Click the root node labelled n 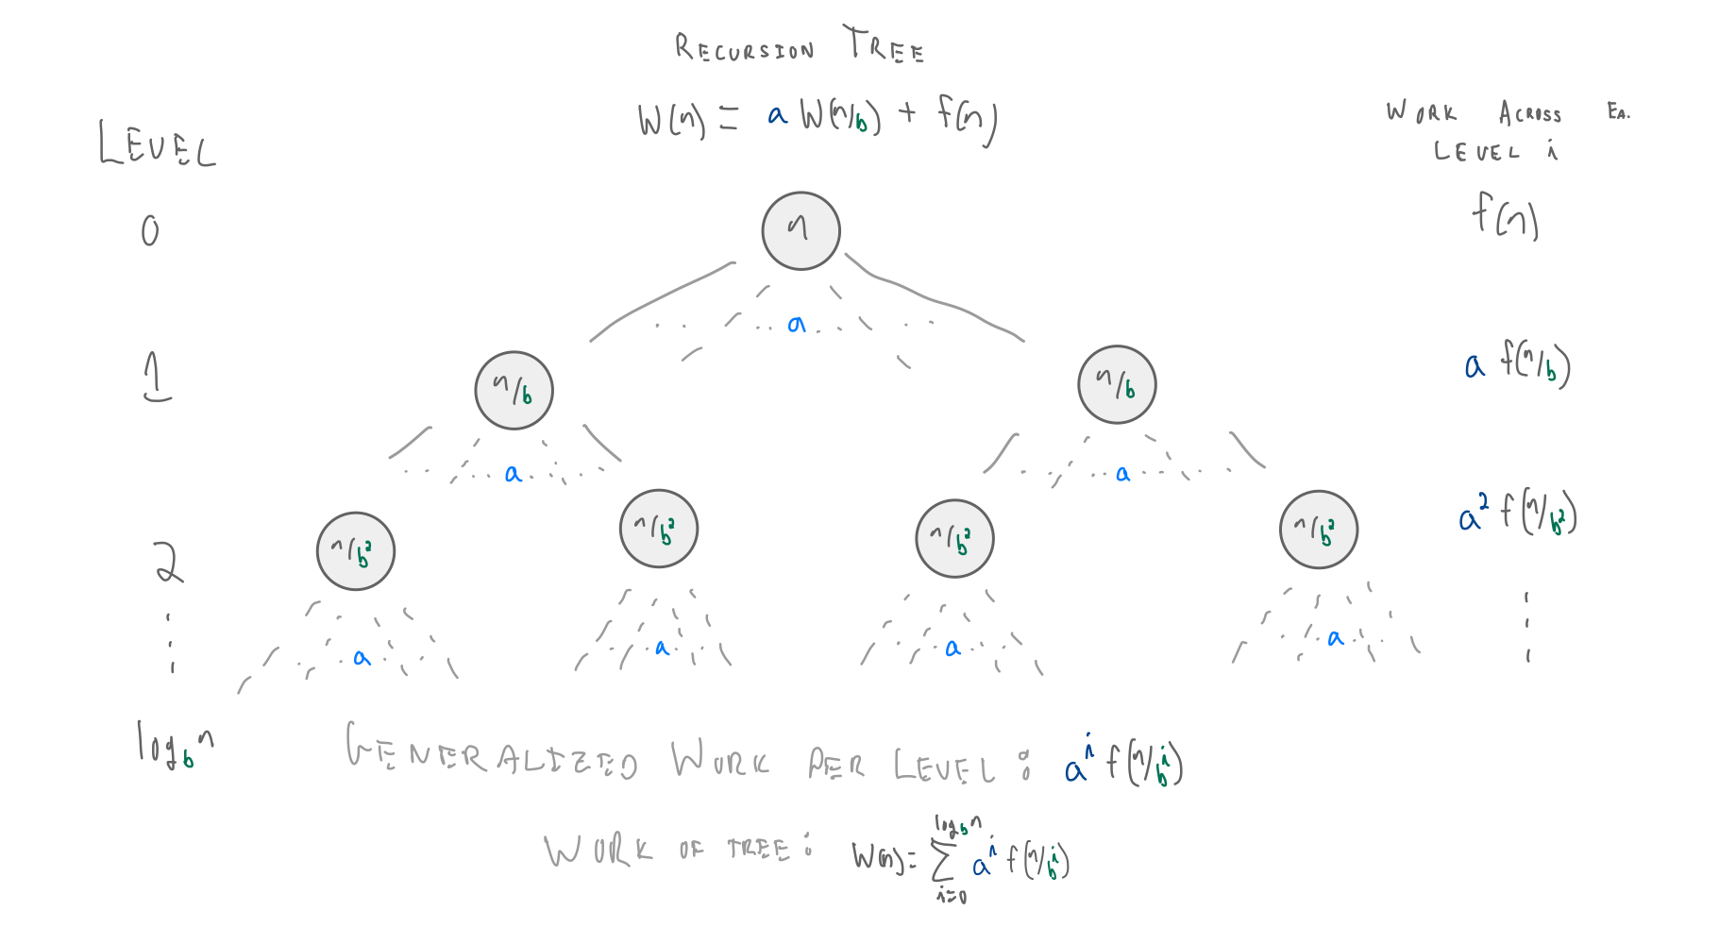801,230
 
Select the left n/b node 514,390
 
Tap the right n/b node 1117,384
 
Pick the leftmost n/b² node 356,551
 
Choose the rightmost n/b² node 1319,530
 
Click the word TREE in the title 885,45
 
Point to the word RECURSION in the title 744,48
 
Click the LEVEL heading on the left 158,145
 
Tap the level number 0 150,230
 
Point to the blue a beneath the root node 797,325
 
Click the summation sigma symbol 942,860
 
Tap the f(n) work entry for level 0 1506,215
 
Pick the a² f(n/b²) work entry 1517,514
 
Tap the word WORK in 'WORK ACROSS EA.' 1422,112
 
